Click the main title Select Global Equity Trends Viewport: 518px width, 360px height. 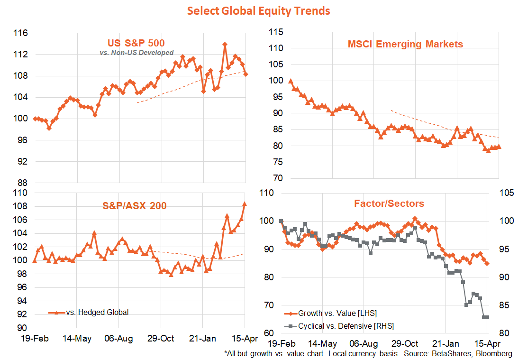[258, 10]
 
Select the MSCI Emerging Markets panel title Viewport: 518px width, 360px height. [405, 44]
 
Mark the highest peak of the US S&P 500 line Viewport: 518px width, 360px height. [225, 45]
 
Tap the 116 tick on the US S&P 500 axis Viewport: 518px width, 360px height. [21, 33]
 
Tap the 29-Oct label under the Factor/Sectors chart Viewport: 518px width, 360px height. [406, 343]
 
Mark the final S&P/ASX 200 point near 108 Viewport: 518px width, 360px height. [245, 204]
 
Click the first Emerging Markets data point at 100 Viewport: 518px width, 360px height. [291, 81]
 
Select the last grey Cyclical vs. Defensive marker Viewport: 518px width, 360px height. [487, 317]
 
